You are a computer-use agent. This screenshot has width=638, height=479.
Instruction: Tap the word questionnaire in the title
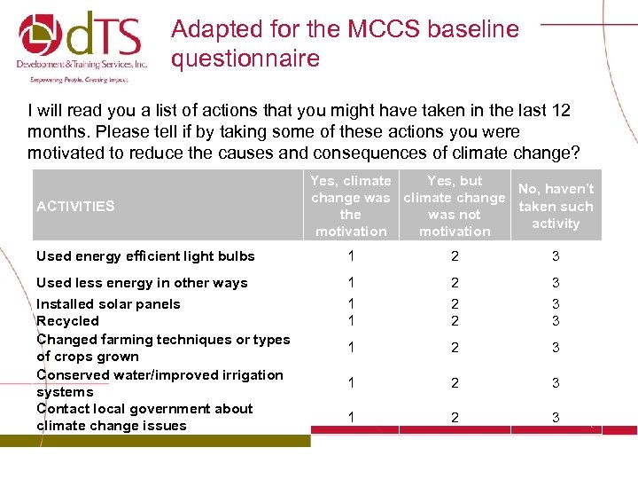(x=245, y=59)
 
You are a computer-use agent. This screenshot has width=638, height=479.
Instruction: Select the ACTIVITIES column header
(x=75, y=206)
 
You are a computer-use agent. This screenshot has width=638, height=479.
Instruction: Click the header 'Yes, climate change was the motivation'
(x=351, y=206)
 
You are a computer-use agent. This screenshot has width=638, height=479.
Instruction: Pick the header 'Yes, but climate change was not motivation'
(x=455, y=206)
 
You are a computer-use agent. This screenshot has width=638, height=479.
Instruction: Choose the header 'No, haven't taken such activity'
(x=556, y=206)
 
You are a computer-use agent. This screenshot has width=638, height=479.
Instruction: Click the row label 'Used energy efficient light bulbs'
(x=145, y=256)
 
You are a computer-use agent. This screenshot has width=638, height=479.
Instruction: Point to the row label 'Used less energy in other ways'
(x=142, y=283)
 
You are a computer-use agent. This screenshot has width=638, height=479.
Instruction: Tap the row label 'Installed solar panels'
(x=108, y=304)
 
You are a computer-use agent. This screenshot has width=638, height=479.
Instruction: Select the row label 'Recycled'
(x=67, y=321)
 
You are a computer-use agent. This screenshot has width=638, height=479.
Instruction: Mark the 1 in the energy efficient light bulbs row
(x=351, y=256)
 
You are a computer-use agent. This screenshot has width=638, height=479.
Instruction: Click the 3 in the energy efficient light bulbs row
(x=556, y=256)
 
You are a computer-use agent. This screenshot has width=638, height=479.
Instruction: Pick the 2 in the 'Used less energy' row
(x=455, y=283)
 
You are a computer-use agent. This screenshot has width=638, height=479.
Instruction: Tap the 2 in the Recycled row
(x=455, y=321)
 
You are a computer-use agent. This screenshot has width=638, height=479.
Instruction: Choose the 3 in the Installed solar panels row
(x=556, y=304)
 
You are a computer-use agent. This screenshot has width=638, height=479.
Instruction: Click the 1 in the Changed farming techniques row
(x=351, y=348)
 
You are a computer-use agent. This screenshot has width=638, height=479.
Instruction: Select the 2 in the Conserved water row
(x=455, y=383)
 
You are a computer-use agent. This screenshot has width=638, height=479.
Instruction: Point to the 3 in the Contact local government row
(x=556, y=417)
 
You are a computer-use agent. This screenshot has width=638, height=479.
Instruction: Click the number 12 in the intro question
(x=561, y=111)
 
